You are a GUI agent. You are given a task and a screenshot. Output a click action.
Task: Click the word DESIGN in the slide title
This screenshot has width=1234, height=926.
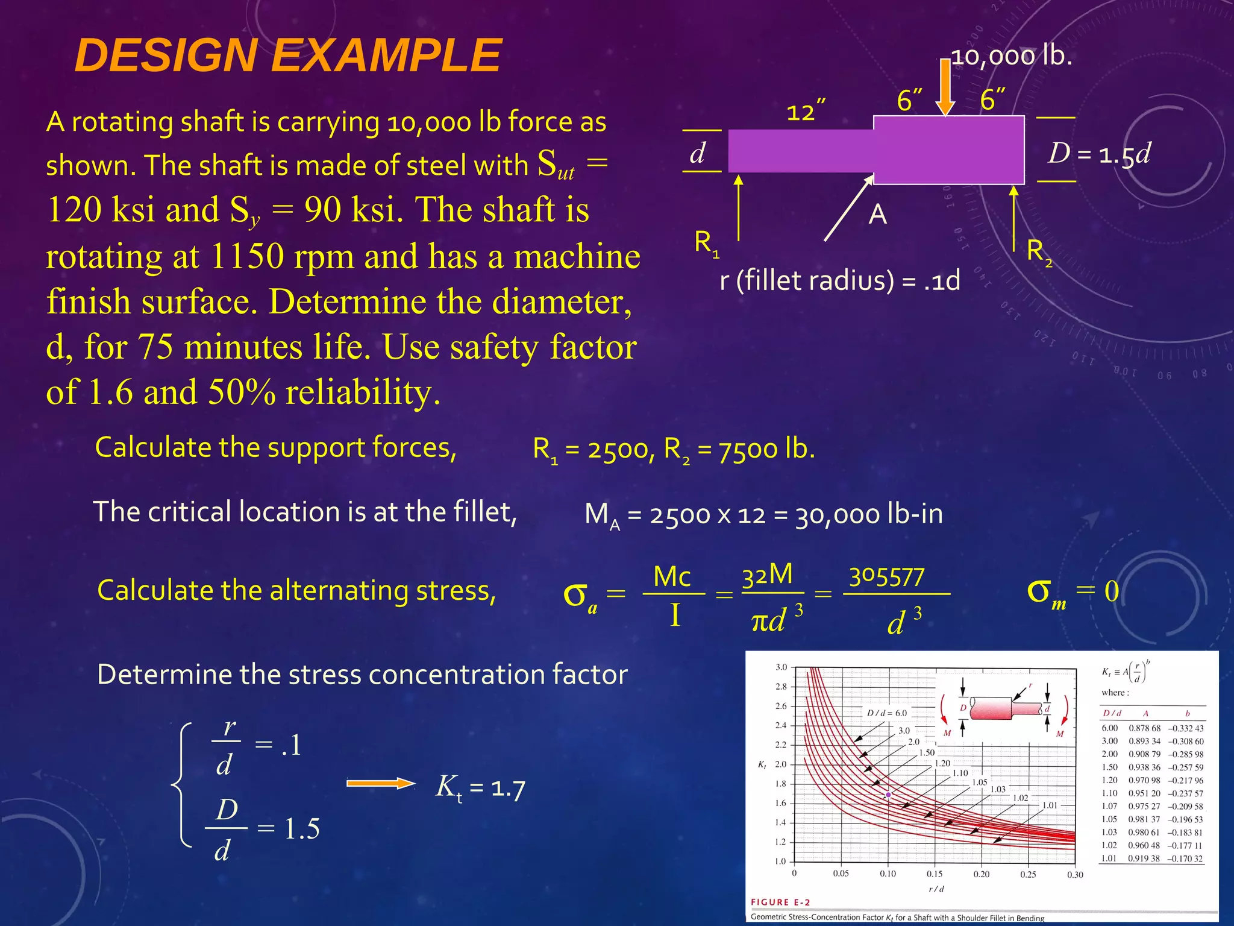(x=166, y=55)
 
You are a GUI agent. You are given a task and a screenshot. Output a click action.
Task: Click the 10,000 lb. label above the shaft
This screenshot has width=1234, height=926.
(x=1012, y=56)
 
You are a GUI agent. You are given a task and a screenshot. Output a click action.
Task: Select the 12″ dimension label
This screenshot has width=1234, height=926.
(x=806, y=111)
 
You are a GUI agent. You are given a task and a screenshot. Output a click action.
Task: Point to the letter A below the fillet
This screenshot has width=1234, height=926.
(x=877, y=215)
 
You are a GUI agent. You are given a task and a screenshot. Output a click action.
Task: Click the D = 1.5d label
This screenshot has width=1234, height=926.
(x=1099, y=154)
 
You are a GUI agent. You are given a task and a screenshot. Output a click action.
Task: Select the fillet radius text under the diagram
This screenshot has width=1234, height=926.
(x=839, y=281)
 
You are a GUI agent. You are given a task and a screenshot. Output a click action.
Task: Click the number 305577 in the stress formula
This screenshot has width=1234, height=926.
(x=886, y=577)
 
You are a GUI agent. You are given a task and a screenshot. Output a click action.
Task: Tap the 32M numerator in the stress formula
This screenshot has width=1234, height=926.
(x=767, y=575)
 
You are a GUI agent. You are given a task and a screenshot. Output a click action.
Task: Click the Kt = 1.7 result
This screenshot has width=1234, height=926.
(x=480, y=787)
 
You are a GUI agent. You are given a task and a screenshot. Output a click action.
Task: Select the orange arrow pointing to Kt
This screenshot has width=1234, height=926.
(x=381, y=784)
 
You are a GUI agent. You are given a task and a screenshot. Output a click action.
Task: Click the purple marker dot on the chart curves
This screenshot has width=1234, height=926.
(x=888, y=795)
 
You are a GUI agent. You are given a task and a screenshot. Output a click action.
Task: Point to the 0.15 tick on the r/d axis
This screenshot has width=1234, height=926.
(x=935, y=874)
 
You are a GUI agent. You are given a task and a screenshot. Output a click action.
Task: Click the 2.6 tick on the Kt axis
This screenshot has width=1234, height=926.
(x=781, y=706)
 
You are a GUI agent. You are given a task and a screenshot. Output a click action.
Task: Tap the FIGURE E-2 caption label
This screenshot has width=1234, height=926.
(x=780, y=902)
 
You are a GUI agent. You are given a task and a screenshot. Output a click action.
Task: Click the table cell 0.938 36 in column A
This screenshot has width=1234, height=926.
(x=1144, y=767)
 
